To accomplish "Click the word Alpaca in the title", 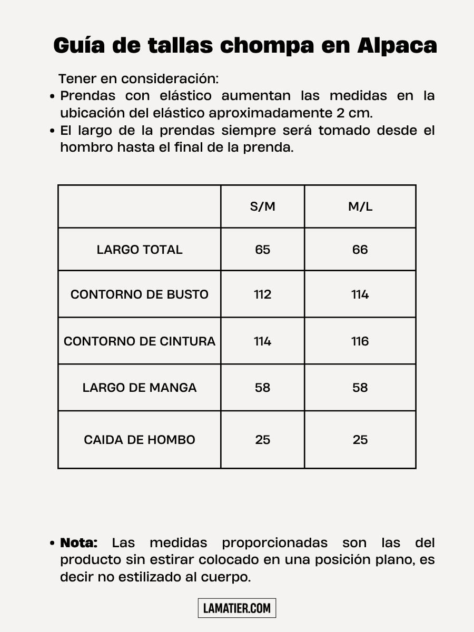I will pyautogui.click(x=397, y=46).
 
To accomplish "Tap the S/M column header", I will pyautogui.click(x=262, y=206).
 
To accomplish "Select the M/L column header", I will pyautogui.click(x=360, y=206).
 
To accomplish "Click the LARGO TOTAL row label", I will pyautogui.click(x=140, y=250).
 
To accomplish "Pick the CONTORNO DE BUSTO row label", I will pyautogui.click(x=140, y=294).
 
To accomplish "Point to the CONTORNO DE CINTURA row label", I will pyautogui.click(x=140, y=341).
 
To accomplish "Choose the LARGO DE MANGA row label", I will pyautogui.click(x=140, y=388).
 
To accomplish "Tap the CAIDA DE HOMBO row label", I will pyautogui.click(x=140, y=440).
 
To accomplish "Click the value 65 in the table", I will pyautogui.click(x=262, y=250).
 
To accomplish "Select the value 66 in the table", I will pyautogui.click(x=360, y=250).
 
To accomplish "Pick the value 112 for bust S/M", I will pyautogui.click(x=262, y=294).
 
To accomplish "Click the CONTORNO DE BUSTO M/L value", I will pyautogui.click(x=360, y=294).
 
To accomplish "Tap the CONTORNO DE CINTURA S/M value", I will pyautogui.click(x=262, y=341).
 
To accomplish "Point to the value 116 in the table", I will pyautogui.click(x=360, y=341).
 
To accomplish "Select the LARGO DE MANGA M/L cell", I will pyautogui.click(x=360, y=388).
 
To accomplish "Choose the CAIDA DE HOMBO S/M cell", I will pyautogui.click(x=262, y=440).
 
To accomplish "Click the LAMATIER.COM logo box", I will pyautogui.click(x=237, y=608).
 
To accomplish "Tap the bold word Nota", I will pyautogui.click(x=79, y=542).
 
